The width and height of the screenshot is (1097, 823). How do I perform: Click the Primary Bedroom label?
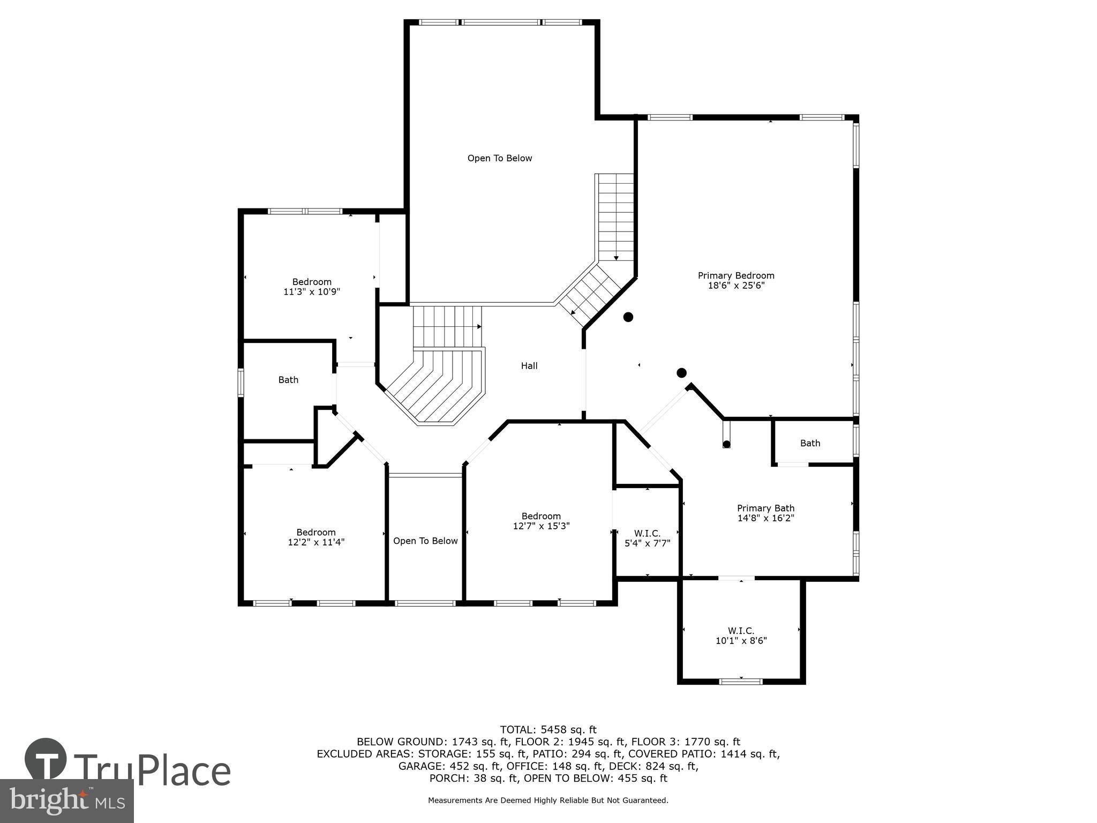(735, 275)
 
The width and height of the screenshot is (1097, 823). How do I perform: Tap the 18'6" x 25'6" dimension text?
(735, 286)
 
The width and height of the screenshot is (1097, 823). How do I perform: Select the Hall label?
(529, 366)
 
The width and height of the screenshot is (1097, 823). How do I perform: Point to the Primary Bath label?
(765, 508)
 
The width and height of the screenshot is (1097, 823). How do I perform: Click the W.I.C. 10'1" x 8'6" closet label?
(741, 635)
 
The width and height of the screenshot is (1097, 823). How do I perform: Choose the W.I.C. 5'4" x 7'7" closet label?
(647, 538)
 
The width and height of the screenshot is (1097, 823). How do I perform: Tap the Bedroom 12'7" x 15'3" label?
(541, 521)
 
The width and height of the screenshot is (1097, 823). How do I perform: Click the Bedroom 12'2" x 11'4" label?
(316, 537)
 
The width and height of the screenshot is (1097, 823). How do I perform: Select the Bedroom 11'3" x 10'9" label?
(312, 287)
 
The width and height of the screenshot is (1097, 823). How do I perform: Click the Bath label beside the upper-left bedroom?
(288, 380)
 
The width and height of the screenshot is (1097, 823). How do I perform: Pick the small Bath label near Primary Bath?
(810, 443)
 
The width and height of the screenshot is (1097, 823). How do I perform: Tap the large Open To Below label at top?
(499, 158)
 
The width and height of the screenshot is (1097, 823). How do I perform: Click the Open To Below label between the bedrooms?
(425, 541)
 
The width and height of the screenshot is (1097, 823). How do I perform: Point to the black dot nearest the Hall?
(628, 317)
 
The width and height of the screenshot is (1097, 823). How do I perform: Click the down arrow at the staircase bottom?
(616, 258)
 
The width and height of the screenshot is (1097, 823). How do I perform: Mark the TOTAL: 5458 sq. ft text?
(548, 729)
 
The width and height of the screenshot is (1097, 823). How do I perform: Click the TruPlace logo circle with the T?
(46, 759)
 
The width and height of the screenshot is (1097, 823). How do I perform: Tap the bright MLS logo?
(67, 800)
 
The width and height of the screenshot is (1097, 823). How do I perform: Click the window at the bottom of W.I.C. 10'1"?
(740, 682)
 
